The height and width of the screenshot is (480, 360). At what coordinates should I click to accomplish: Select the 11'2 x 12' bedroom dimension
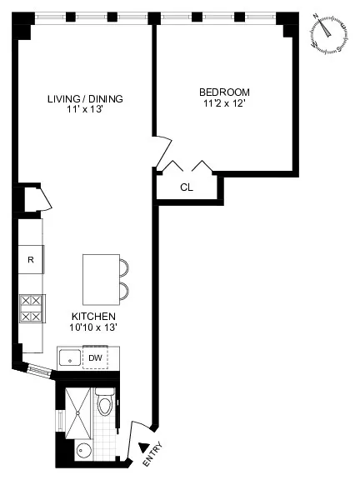coord(223,103)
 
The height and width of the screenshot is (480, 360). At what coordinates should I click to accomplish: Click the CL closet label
coord(187,187)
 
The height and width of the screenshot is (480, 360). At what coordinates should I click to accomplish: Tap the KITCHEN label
coord(92,317)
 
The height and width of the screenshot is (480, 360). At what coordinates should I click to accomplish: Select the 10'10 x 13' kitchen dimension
coord(92,329)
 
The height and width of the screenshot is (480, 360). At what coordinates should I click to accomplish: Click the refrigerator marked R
coord(31,259)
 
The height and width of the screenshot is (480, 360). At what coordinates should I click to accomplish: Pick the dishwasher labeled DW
coord(96,358)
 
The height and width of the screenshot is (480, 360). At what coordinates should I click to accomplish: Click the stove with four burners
coord(31,308)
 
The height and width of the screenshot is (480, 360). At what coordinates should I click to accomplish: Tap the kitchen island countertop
coord(100,279)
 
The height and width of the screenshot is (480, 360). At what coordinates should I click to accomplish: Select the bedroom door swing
coord(163,143)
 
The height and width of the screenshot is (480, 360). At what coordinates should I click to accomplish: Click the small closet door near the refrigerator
coord(44,200)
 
